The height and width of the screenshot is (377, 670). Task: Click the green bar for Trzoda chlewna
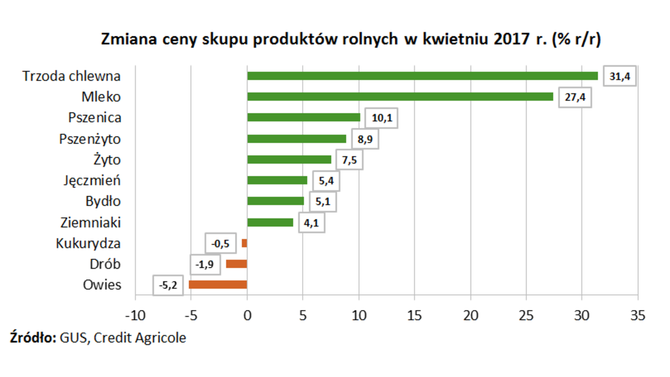tap(422, 76)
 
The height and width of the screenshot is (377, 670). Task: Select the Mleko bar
tap(400, 97)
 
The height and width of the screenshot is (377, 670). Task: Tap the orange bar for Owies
tap(218, 285)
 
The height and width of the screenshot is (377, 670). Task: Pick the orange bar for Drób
tap(236, 264)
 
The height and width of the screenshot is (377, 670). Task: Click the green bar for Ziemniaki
tap(270, 222)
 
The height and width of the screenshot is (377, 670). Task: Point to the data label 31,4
tap(620, 77)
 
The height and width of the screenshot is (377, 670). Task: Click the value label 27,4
tap(575, 98)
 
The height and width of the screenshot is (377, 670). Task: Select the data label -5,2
tap(168, 286)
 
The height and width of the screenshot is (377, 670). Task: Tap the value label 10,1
tap(381, 118)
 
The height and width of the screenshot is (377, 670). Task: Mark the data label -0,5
tap(221, 244)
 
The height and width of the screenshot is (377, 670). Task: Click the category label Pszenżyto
tap(90, 139)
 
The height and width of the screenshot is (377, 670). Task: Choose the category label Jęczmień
tap(93, 180)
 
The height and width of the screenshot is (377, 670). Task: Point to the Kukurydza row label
tap(88, 244)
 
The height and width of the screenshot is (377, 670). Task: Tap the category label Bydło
tap(103, 201)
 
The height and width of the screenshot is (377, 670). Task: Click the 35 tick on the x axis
tap(638, 315)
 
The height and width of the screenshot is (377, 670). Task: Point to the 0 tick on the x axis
tap(247, 315)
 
